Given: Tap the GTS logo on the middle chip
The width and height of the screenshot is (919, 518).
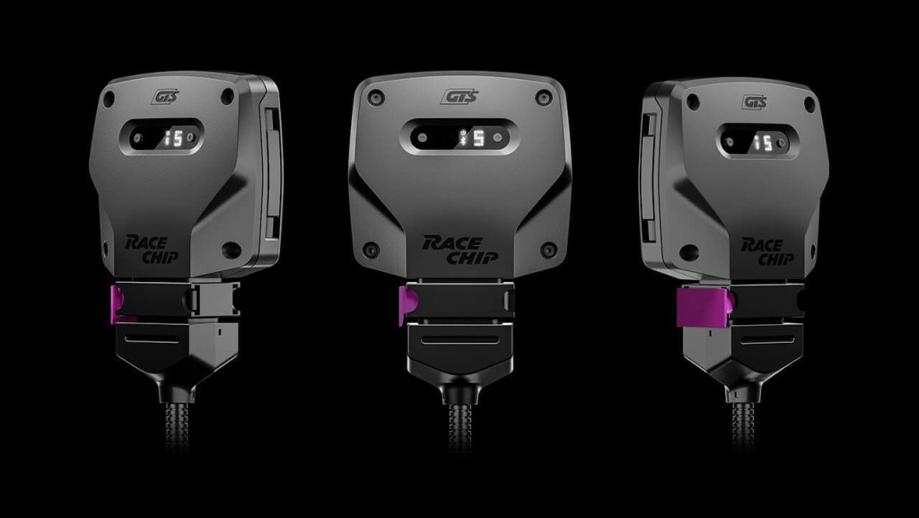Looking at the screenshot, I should pos(459,96).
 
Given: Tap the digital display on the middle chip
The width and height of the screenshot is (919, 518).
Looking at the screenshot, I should pos(459,136).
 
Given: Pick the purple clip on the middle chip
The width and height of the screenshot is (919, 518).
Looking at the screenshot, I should pos(406,306).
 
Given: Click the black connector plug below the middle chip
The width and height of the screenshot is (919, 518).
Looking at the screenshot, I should pos(459,346).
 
